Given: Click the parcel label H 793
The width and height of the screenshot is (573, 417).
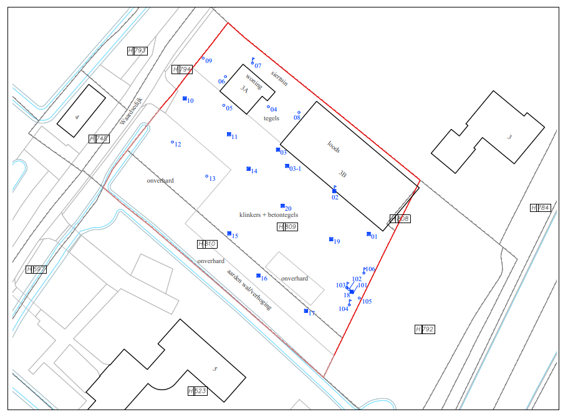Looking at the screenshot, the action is tap(137, 50).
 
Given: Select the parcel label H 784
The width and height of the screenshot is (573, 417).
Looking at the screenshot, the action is tap(540, 208).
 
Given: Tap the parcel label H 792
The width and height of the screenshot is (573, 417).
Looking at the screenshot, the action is tap(425, 329).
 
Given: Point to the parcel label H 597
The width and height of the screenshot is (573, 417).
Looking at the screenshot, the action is tap(36, 269).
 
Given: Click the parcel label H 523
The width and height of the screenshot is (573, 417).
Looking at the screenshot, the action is tap(198, 391).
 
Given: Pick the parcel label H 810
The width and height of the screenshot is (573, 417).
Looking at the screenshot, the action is tap(207, 244).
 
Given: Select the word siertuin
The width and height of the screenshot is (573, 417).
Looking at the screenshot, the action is tap(279, 78).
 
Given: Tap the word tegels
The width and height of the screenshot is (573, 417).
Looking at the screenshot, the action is tap(271, 118).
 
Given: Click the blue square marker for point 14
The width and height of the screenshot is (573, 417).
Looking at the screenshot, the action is tap(248, 169).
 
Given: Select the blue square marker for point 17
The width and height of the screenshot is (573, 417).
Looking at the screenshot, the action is tap(306, 310).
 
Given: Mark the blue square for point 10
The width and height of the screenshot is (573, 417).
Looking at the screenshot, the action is tap(185, 98).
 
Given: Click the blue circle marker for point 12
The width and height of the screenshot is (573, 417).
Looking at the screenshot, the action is tap(173, 142).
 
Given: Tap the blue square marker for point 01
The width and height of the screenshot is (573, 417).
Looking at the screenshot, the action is tap(368, 234).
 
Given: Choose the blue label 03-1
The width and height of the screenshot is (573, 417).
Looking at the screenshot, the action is tap(295, 168).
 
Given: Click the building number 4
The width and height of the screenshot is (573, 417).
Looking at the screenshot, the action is tap(77, 116).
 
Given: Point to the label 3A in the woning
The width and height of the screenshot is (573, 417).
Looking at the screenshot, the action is tap(244, 89).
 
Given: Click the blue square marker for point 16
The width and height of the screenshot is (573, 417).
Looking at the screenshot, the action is tap(258, 276).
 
